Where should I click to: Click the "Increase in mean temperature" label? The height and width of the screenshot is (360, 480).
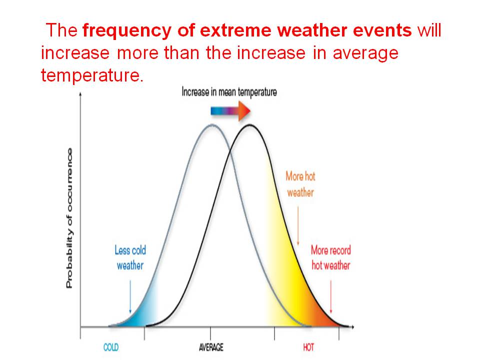[x=229, y=92]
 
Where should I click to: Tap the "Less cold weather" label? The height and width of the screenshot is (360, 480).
[x=130, y=257]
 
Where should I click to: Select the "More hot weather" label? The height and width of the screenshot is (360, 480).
[x=300, y=184]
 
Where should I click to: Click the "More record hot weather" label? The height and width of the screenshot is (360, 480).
[x=330, y=257]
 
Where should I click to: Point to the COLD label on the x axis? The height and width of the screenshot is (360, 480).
[x=111, y=347]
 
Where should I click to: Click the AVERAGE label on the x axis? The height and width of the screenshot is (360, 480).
[x=211, y=347]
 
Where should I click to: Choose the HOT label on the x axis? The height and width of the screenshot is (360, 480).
[x=308, y=347]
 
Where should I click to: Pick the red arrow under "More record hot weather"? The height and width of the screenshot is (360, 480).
[x=331, y=295]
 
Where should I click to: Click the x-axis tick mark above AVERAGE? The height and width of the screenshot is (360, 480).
[x=210, y=331]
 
